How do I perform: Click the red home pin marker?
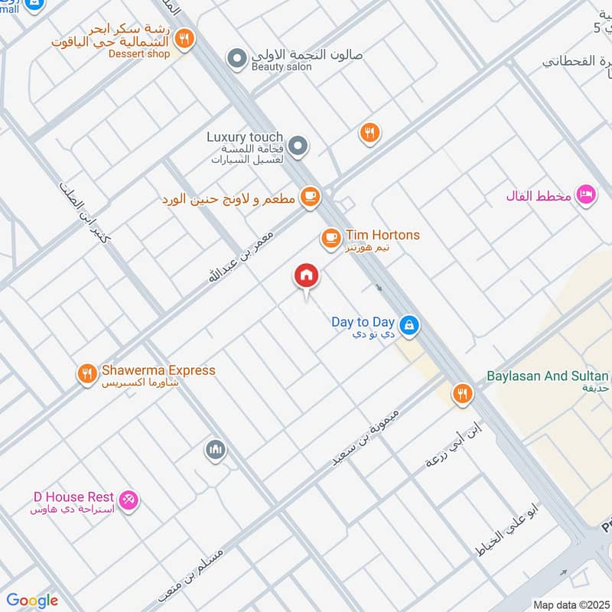click(307, 276)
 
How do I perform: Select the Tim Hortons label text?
click(382, 236)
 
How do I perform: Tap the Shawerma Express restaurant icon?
click(86, 374)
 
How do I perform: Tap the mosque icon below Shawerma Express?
click(215, 451)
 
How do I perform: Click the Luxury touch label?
click(245, 137)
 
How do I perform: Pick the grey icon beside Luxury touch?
click(299, 145)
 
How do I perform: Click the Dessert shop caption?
click(138, 54)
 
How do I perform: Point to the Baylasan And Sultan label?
click(548, 376)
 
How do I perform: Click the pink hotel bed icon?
click(586, 195)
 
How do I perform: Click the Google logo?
click(32, 601)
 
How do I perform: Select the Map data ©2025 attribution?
click(571, 605)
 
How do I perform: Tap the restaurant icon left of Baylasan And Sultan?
click(461, 394)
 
